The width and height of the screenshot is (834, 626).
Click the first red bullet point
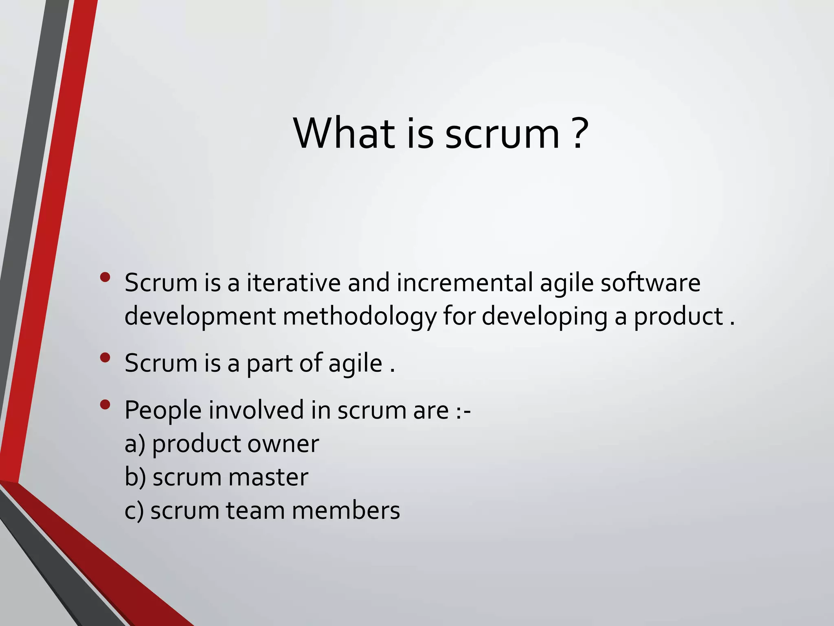pyautogui.click(x=105, y=278)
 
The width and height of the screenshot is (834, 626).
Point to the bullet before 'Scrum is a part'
pyautogui.click(x=105, y=358)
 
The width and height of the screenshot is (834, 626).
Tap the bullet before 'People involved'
pyautogui.click(x=105, y=405)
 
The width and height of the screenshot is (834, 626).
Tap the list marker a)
pyautogui.click(x=135, y=444)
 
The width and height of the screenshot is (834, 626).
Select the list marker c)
pyautogui.click(x=134, y=511)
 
